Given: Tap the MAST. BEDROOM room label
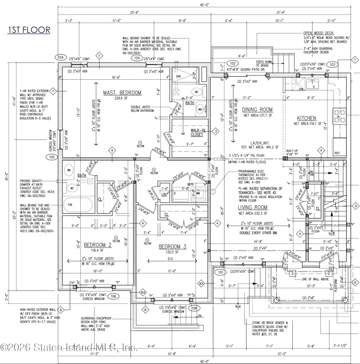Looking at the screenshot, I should (x=122, y=93).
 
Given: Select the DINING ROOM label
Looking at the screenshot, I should (x=258, y=110).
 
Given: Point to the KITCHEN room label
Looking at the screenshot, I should (x=307, y=118).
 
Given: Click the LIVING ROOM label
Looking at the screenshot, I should (x=252, y=207).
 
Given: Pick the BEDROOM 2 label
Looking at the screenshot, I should (x=95, y=245).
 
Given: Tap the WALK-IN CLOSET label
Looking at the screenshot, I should (x=197, y=132).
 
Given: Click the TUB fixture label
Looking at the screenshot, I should (x=70, y=204).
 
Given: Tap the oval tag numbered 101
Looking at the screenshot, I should (x=220, y=272).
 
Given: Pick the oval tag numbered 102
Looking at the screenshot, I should (x=232, y=63).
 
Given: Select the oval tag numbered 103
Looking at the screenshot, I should (x=331, y=64).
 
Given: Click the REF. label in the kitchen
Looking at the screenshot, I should (x=337, y=153).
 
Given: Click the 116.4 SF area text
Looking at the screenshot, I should (x=95, y=251).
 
